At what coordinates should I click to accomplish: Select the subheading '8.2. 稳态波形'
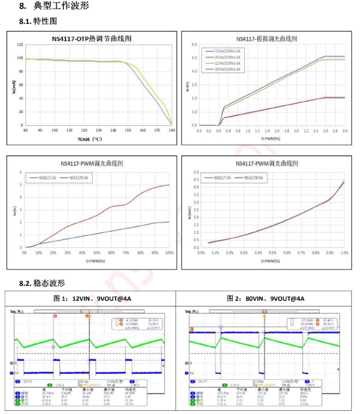point(42,283)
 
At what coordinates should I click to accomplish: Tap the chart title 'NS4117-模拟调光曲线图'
point(271,39)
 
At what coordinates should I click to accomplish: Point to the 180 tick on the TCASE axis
point(172,130)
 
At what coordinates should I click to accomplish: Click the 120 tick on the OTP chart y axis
point(20,44)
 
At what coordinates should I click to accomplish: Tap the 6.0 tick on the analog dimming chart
point(194,44)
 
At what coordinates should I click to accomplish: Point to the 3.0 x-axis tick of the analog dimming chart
point(345,130)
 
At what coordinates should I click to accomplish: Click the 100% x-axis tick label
point(169,252)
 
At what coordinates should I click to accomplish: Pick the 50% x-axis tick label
point(97,252)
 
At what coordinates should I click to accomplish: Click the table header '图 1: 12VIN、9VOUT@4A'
point(92,298)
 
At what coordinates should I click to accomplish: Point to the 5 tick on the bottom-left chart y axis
point(21,185)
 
